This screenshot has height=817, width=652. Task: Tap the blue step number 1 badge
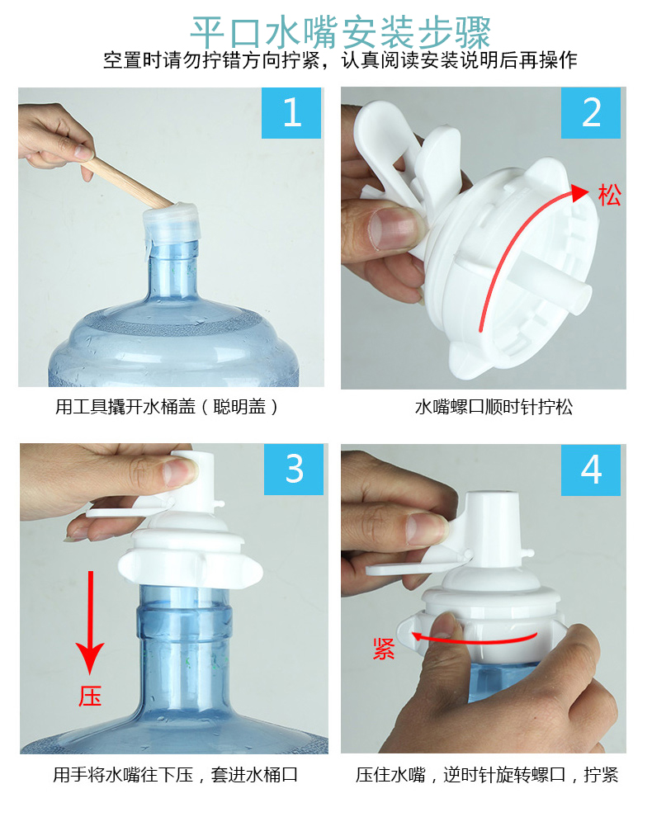(x=291, y=112)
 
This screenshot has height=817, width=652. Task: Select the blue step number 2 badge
(x=591, y=112)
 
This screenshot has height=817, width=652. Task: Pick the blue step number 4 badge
(x=591, y=470)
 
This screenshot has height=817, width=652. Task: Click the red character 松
(x=608, y=196)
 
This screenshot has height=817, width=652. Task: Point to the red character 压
(x=90, y=696)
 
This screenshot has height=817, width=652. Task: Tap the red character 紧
(x=384, y=649)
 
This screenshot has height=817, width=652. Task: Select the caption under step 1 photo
(x=167, y=407)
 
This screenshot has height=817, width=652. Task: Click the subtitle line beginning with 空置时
(x=340, y=60)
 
